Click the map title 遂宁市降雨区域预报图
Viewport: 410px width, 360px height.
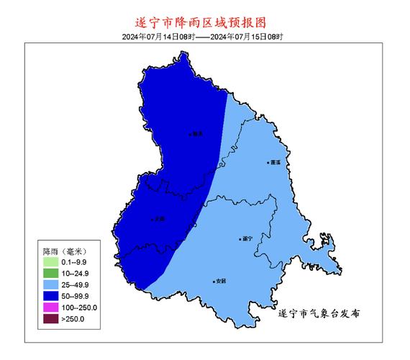click(204, 23)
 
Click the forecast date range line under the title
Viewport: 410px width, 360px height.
click(204, 36)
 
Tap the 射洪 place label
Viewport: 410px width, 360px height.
click(196, 133)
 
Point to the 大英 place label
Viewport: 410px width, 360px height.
click(159, 219)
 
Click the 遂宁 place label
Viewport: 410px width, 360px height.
click(246, 238)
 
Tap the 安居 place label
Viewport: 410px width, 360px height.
click(219, 282)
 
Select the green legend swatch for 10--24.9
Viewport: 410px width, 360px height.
click(50, 274)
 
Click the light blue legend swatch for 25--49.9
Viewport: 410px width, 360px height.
click(50, 284)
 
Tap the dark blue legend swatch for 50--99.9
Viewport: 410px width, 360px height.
click(50, 296)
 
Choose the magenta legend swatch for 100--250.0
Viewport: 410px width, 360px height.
click(50, 307)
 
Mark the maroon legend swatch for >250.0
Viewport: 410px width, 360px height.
click(50, 318)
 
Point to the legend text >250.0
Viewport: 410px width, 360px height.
click(73, 318)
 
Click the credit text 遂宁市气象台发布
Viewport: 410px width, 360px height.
click(318, 314)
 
